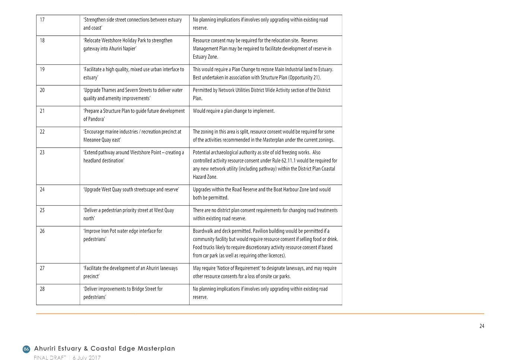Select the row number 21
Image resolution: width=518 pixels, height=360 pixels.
[x=42, y=111]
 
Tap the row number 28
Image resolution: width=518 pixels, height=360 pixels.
[x=42, y=289]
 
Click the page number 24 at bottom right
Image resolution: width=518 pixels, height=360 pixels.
[x=482, y=326]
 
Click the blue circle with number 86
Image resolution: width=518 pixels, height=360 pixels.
[x=26, y=349]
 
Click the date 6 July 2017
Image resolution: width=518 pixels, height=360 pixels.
[x=86, y=358]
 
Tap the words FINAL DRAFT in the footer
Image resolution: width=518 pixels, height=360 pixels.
[x=50, y=358]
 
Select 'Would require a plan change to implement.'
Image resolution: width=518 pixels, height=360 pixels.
[x=234, y=111]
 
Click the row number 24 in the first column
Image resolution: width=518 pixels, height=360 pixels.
[x=42, y=190]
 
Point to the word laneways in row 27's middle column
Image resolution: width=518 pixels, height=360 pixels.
[x=169, y=268]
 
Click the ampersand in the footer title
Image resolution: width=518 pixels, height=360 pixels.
[x=86, y=348]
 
